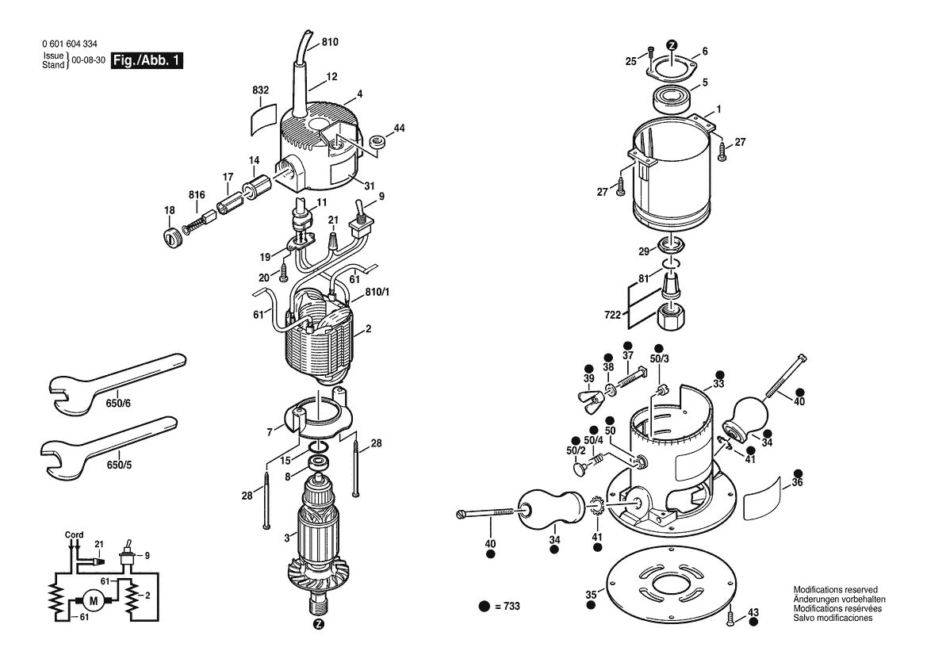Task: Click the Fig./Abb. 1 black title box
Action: (147, 61)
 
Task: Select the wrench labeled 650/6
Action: (111, 381)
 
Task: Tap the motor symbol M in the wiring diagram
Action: (94, 601)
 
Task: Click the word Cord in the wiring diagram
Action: (74, 534)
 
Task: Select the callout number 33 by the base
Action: (718, 384)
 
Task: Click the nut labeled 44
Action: (377, 142)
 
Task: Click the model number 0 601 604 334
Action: (72, 45)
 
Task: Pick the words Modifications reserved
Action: (835, 590)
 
